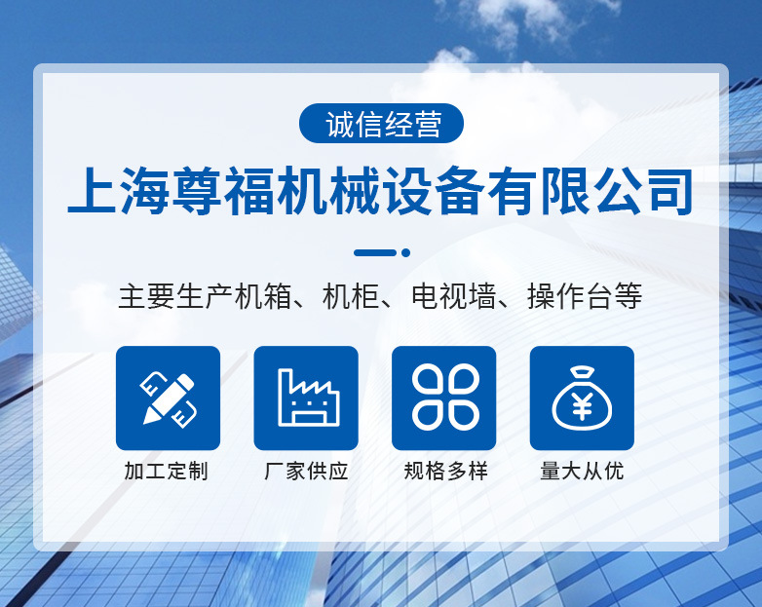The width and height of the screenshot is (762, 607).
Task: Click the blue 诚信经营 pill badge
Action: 381,124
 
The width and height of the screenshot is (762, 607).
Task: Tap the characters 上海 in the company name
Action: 119,191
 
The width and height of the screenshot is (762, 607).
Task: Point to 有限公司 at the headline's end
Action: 591,191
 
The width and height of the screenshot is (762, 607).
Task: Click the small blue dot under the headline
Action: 405,252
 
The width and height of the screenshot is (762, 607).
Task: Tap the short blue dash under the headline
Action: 375,252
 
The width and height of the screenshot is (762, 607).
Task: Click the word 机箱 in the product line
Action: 263,296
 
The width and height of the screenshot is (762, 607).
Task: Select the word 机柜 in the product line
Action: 351,296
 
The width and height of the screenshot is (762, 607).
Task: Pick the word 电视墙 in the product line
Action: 453,296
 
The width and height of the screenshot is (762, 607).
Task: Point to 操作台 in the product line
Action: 570,296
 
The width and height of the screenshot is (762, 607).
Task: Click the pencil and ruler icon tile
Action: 169,398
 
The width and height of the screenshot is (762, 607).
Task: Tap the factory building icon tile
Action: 306,398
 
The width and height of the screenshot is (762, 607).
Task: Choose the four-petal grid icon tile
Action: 444,398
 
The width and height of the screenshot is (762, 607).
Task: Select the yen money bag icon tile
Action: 582,398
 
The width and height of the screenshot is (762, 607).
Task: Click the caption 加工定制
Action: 167,471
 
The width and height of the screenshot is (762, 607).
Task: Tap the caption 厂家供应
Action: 306,471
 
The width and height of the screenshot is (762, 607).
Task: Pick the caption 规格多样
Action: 445,471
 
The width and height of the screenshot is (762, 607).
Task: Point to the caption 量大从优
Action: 582,471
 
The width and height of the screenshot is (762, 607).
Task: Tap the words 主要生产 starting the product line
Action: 176,296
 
